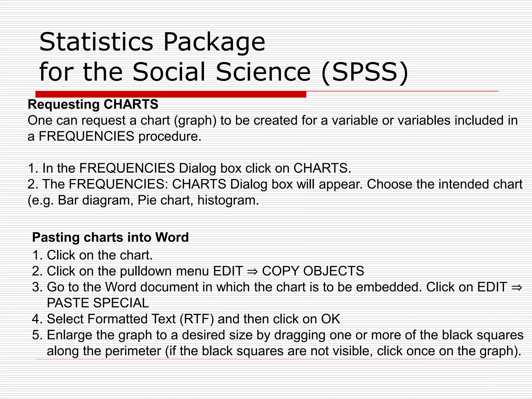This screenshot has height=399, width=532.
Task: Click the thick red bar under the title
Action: [171, 94]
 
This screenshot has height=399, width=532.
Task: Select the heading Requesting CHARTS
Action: [93, 104]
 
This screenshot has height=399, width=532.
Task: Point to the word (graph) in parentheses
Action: [195, 121]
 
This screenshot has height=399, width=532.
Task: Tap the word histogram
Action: [228, 200]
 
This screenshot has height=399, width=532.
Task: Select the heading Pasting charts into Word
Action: [110, 237]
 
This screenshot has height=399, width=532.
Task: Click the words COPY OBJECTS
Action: [313, 271]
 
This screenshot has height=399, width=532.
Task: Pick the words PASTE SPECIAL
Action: [98, 303]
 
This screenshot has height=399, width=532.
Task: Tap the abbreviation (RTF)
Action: [197, 319]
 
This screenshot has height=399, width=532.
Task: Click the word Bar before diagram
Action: [68, 200]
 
